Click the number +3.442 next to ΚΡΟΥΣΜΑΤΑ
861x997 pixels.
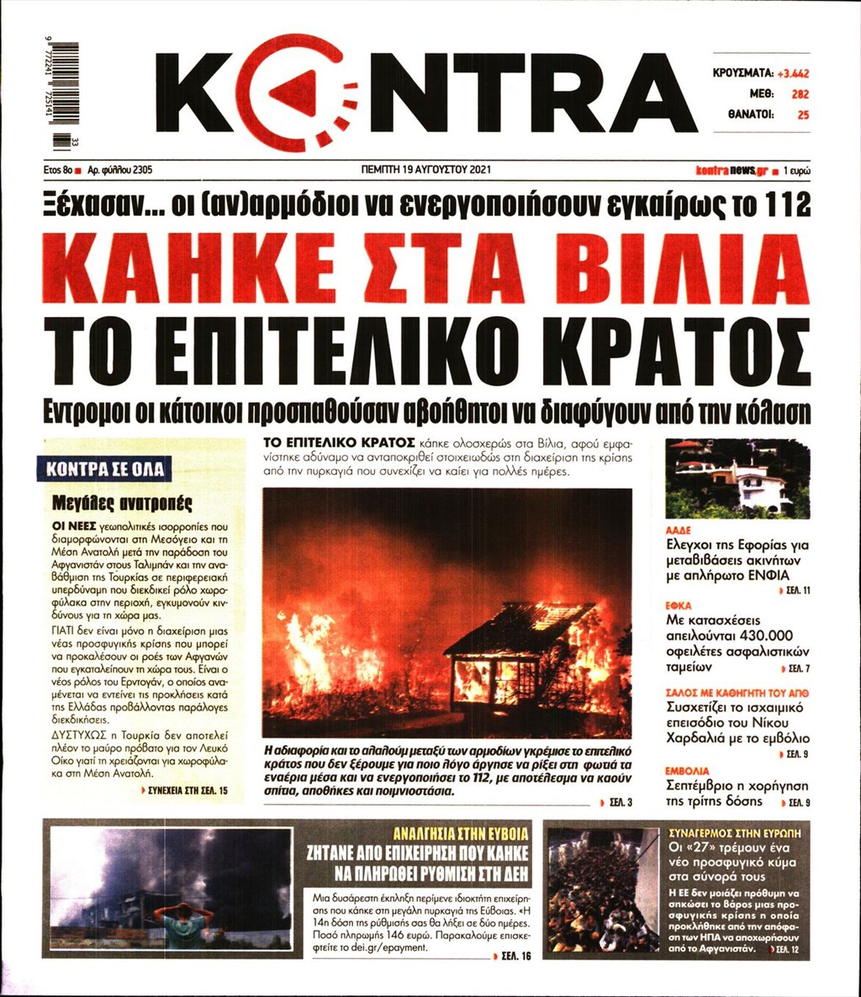pyautogui.click(x=792, y=73)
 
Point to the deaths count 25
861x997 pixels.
pyautogui.click(x=803, y=115)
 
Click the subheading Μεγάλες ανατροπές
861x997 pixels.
pyautogui.click(x=122, y=504)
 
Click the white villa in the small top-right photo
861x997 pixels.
pyautogui.click(x=761, y=488)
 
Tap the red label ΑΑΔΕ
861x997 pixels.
pyautogui.click(x=678, y=531)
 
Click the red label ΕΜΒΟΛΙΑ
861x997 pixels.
pyautogui.click(x=688, y=770)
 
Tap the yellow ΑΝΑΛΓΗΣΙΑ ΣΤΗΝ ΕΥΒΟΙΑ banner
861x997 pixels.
pyautogui.click(x=462, y=834)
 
